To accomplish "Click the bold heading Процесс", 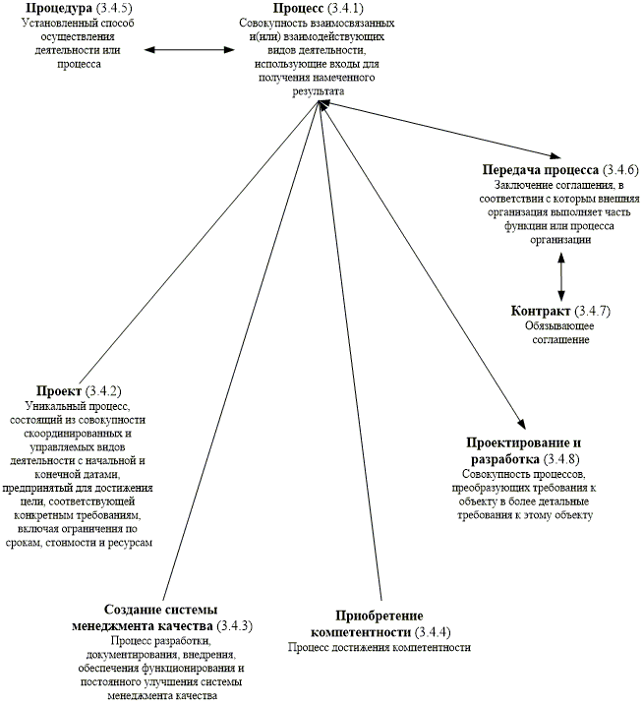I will (x=300, y=9).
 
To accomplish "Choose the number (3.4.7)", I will (x=592, y=312).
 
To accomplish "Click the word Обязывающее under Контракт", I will (x=557, y=326).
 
